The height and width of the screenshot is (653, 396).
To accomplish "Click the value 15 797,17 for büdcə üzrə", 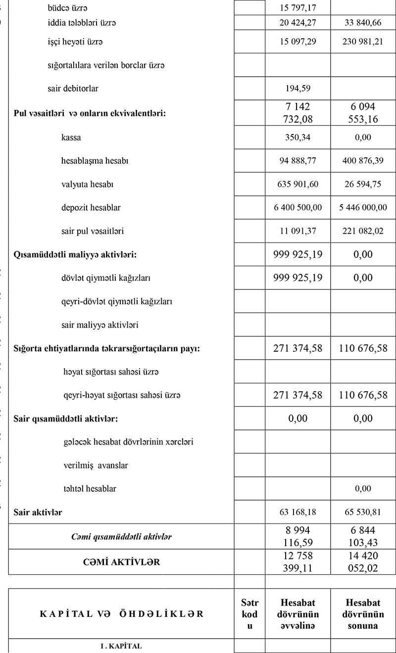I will (297, 8).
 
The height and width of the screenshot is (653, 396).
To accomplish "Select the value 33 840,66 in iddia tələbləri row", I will (363, 23).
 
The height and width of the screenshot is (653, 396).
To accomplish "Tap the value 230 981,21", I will (363, 42).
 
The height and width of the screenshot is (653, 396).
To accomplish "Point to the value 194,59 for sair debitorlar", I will (297, 89).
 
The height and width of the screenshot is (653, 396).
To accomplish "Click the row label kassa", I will (71, 138).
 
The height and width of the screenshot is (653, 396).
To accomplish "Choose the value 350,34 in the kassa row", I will (297, 138).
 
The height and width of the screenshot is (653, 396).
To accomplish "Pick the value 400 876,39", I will (363, 161).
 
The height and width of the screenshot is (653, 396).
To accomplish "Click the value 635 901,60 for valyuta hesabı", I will (297, 185).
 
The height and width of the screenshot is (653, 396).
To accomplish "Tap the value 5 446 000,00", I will (363, 208).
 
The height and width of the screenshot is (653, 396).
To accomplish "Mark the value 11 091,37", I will (297, 231).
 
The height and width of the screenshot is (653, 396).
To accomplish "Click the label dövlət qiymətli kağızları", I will (105, 278).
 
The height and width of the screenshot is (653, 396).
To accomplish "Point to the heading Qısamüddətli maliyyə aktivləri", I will (75, 255).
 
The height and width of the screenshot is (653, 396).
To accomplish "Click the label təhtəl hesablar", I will (90, 489).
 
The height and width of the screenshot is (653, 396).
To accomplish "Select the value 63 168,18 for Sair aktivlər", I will (297, 513).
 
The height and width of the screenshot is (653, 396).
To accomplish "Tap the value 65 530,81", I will (363, 513).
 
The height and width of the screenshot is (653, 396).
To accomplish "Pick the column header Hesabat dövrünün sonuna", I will (363, 614).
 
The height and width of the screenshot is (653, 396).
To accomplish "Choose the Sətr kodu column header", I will (249, 614).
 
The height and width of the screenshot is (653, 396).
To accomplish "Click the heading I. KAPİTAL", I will (121, 646).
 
